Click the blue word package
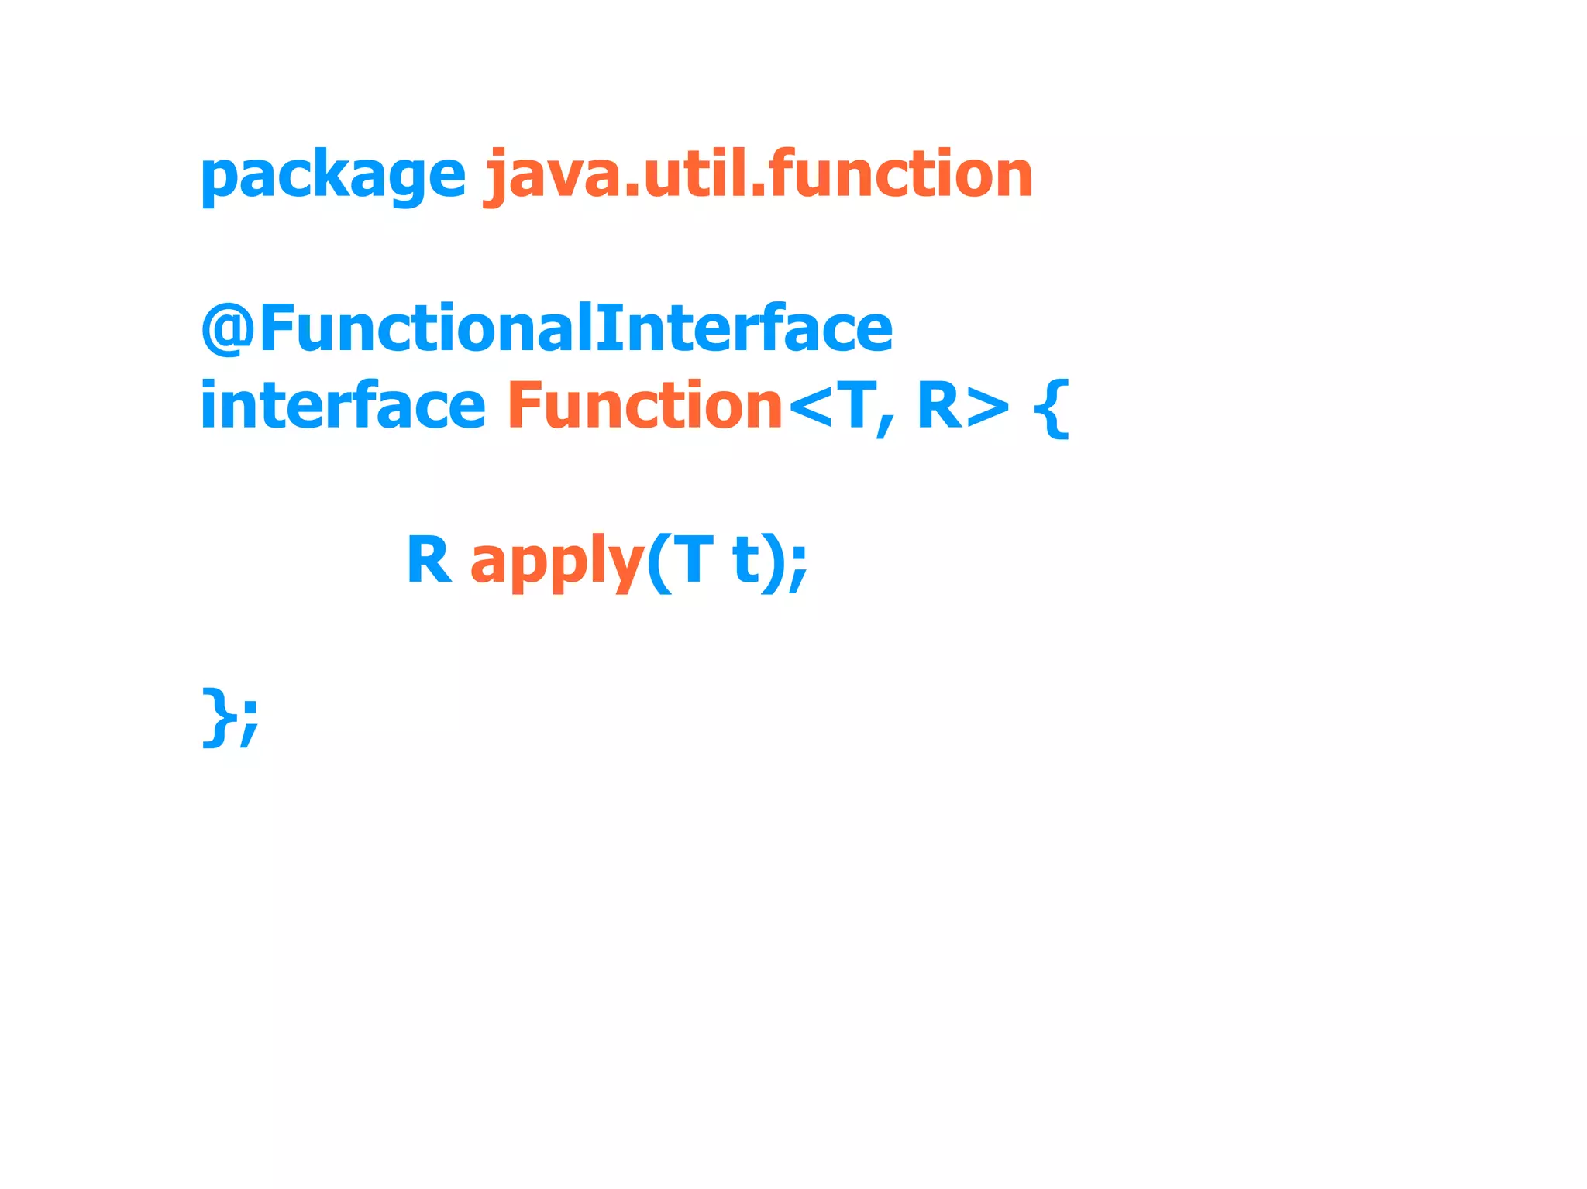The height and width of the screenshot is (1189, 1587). tap(332, 176)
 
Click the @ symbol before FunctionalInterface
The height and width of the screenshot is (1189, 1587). tap(228, 328)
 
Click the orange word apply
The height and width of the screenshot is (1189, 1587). tap(557, 562)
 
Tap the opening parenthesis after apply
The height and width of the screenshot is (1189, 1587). tap(658, 563)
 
